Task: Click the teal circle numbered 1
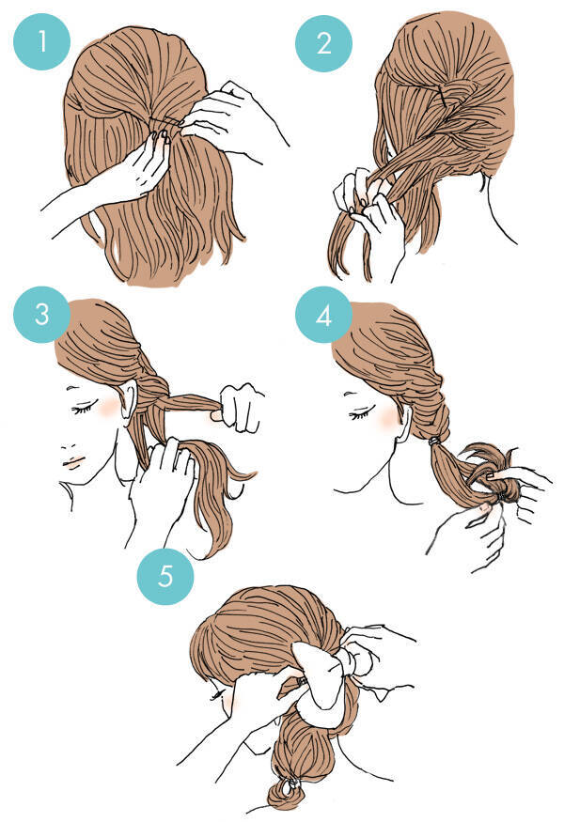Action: pos(41,41)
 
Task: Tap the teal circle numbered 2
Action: pos(323,43)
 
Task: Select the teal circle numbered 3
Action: pos(41,314)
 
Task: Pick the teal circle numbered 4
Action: pos(323,315)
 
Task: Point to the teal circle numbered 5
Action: pos(165,576)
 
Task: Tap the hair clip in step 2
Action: pos(444,97)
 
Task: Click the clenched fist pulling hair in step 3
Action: pos(242,408)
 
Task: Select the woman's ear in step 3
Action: pos(128,399)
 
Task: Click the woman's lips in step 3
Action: pos(73,462)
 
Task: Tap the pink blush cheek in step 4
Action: pos(388,417)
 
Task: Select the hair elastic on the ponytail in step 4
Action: pos(433,442)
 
